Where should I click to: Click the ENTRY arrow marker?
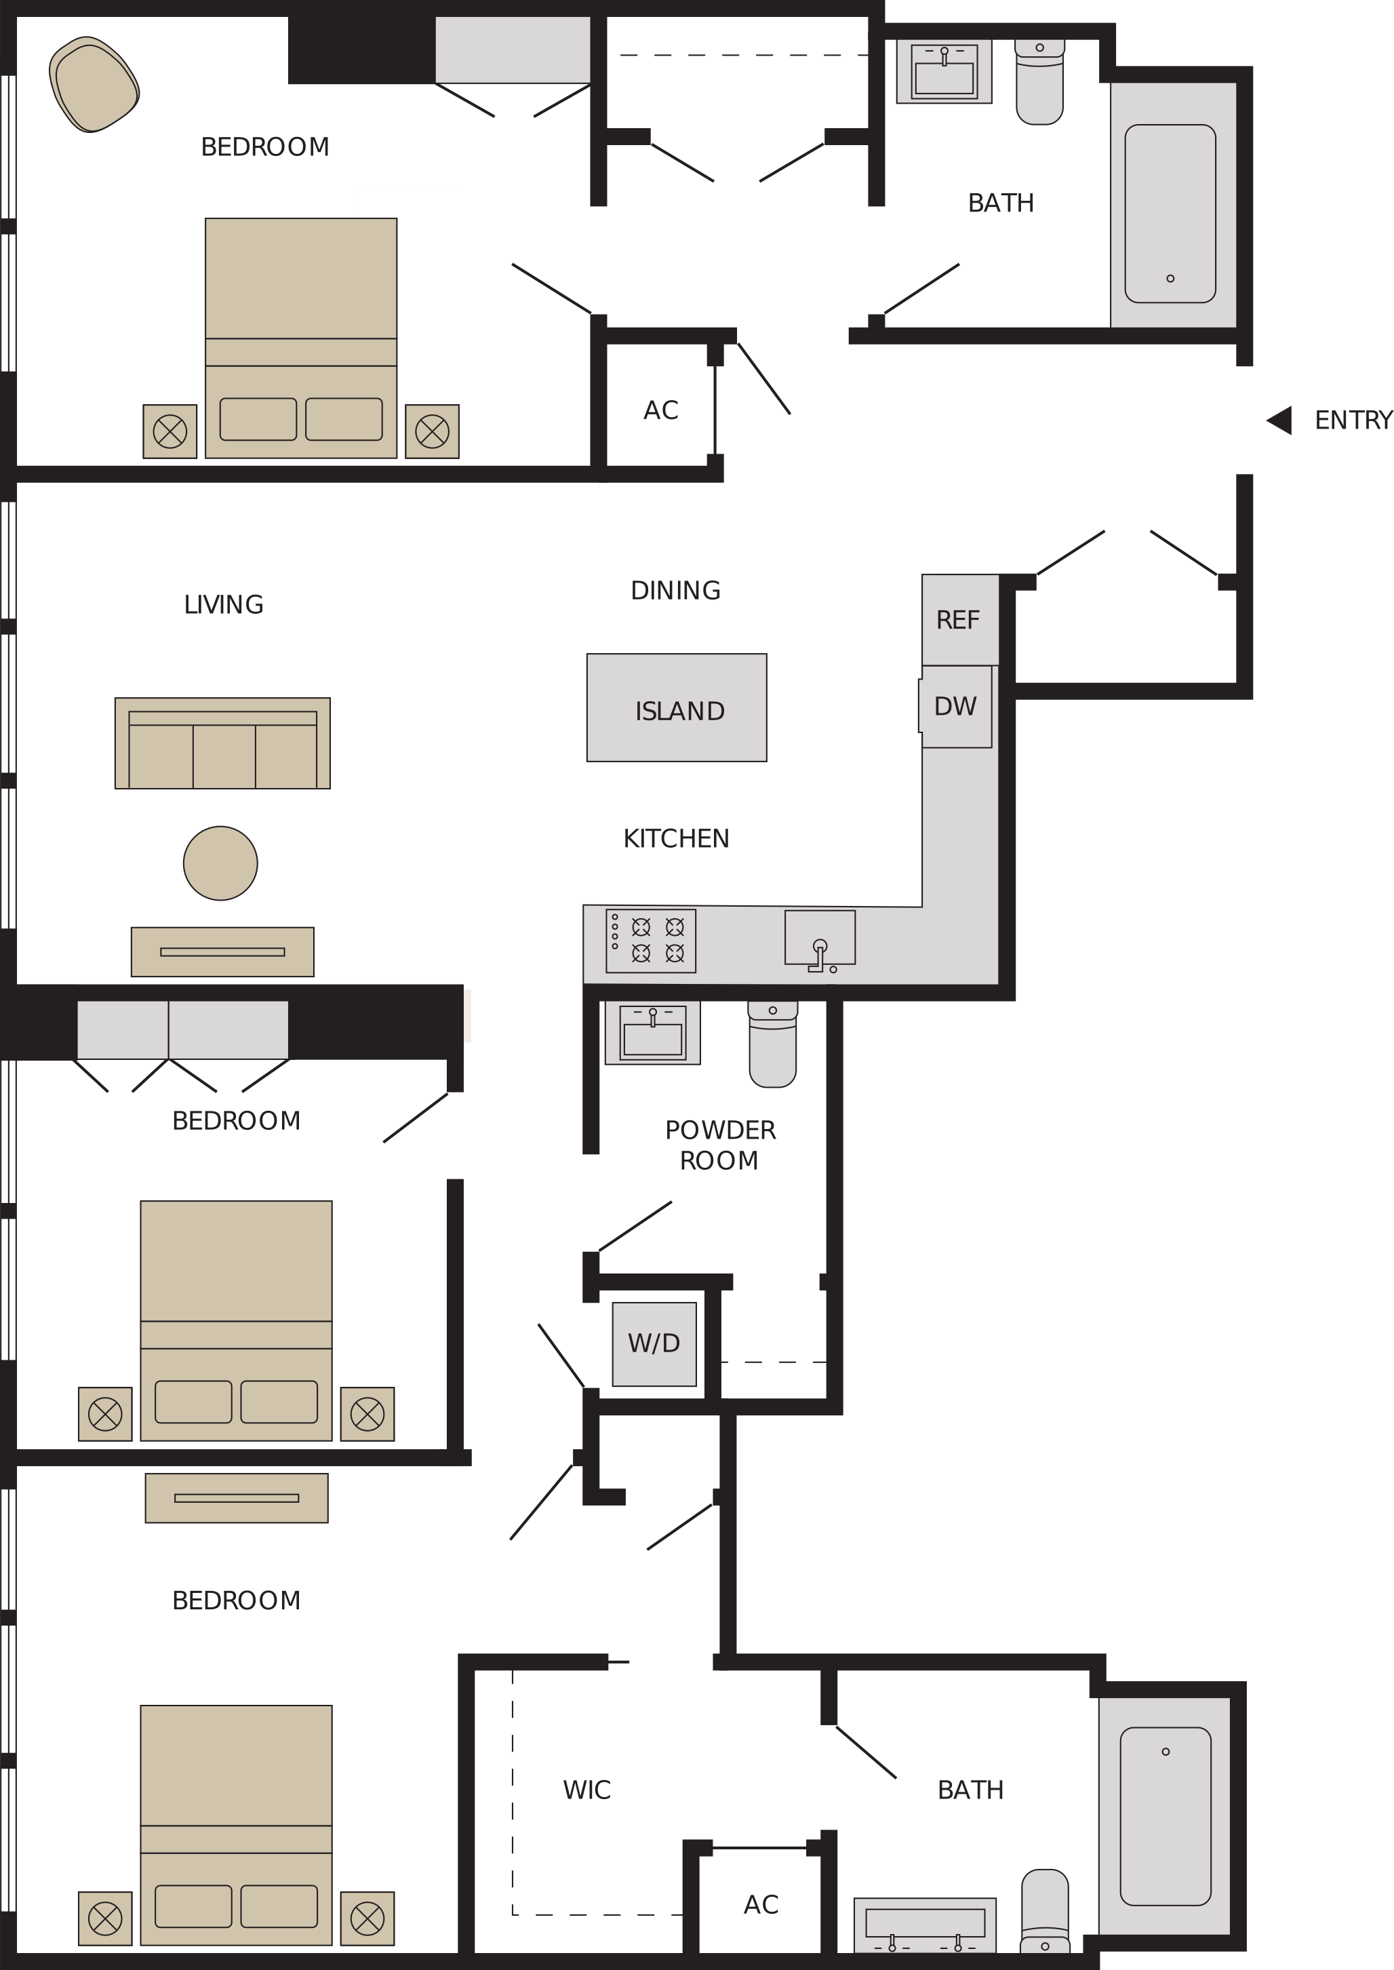[x=1281, y=420]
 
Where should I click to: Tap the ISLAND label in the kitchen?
[x=680, y=711]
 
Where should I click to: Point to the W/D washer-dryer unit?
[x=654, y=1343]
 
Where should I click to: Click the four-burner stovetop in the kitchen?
[x=651, y=941]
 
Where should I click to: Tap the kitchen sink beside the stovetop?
[x=820, y=939]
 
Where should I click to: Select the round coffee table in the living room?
[x=220, y=863]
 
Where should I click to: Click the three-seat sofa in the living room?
[x=222, y=743]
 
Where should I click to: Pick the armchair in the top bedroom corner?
[x=94, y=84]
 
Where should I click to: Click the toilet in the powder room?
[x=772, y=1043]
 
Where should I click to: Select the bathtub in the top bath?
[x=1170, y=214]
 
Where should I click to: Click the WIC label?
[x=587, y=1790]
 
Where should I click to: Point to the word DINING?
[x=675, y=591]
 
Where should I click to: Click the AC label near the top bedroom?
[x=661, y=410]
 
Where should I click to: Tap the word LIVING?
[x=223, y=604]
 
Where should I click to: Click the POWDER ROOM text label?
[x=720, y=1145]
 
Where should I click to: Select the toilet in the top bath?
[x=1039, y=81]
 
